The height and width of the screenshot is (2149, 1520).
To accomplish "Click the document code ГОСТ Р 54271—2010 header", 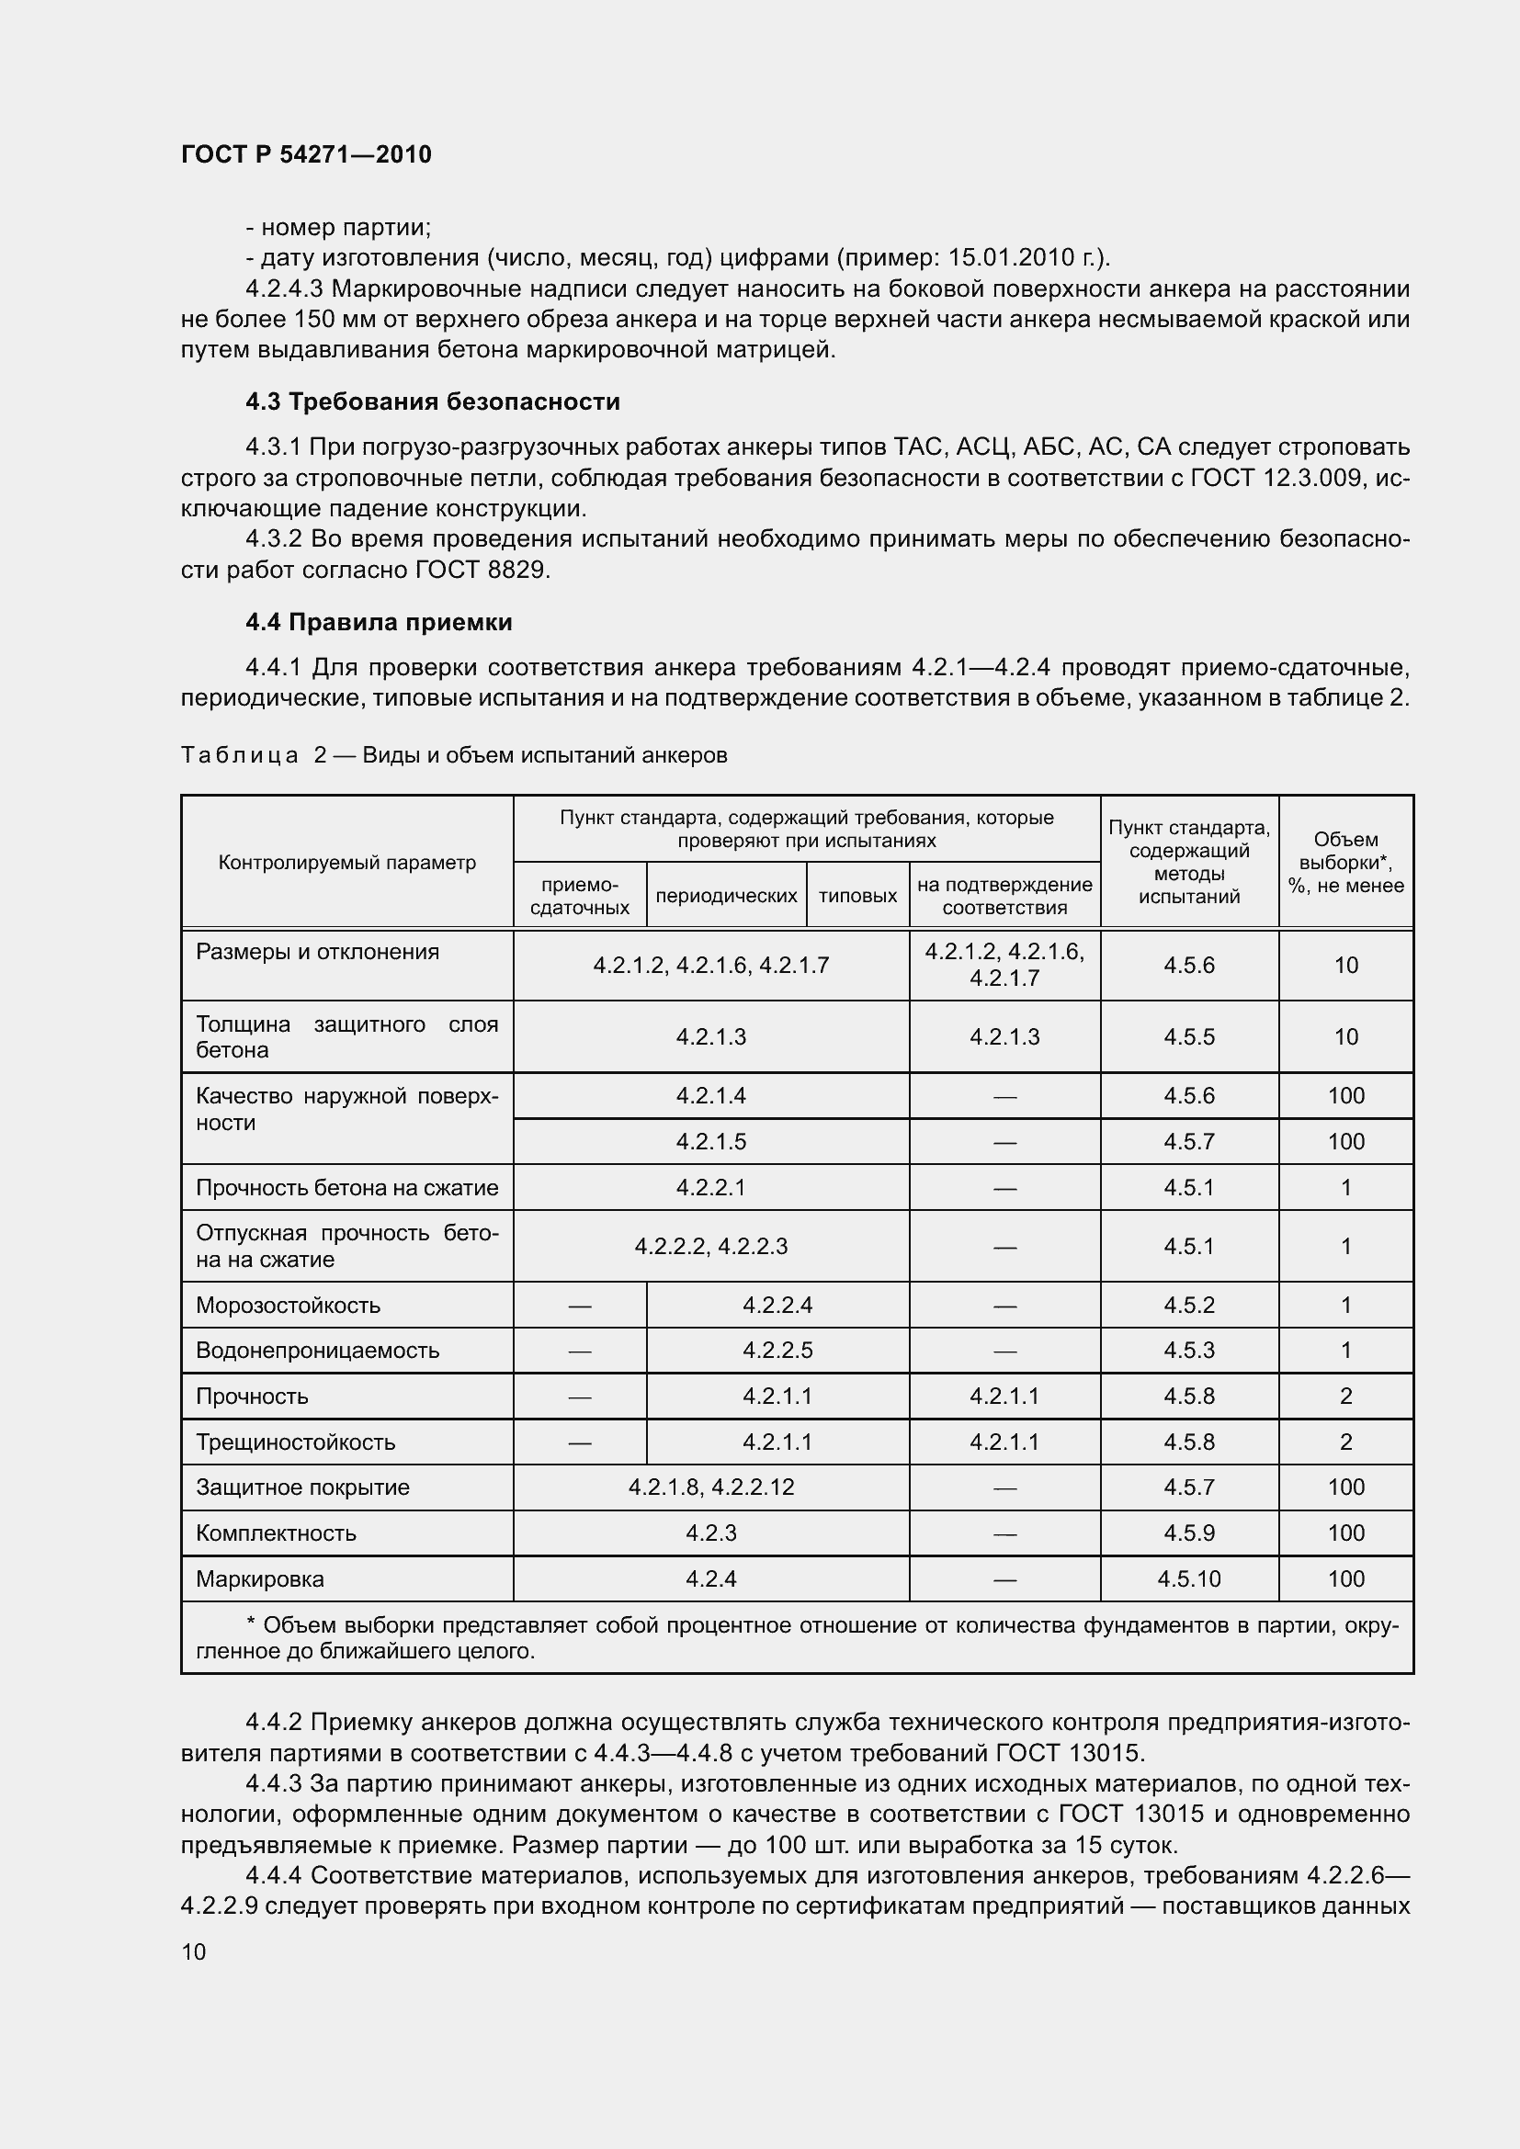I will (x=306, y=154).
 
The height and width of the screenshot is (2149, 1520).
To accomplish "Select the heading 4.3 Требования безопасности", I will (x=433, y=402).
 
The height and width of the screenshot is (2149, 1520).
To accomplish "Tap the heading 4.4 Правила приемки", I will (x=378, y=622).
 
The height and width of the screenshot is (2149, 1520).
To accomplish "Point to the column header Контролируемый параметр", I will (x=346, y=862).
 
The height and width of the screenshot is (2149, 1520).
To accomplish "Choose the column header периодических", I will (x=726, y=896).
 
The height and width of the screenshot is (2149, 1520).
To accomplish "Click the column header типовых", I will (x=857, y=896).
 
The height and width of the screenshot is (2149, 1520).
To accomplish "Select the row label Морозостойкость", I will (x=288, y=1305).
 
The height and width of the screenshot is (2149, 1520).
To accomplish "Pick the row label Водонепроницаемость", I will (x=317, y=1350).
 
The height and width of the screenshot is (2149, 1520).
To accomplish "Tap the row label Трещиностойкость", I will (x=295, y=1442).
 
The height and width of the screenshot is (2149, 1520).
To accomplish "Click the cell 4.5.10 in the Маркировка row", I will (x=1188, y=1579).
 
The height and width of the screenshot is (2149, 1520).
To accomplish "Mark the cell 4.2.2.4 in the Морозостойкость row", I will (x=777, y=1305).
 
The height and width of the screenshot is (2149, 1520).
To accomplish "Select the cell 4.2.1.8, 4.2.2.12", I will (x=710, y=1487).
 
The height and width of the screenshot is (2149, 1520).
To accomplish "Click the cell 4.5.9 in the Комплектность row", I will (x=1188, y=1533).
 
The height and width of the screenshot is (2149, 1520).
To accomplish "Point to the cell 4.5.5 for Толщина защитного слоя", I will (x=1188, y=1036).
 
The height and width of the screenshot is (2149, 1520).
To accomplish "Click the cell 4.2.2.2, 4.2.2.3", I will (x=710, y=1246).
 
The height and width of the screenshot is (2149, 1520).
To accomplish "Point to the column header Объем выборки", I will (x=1345, y=862).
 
